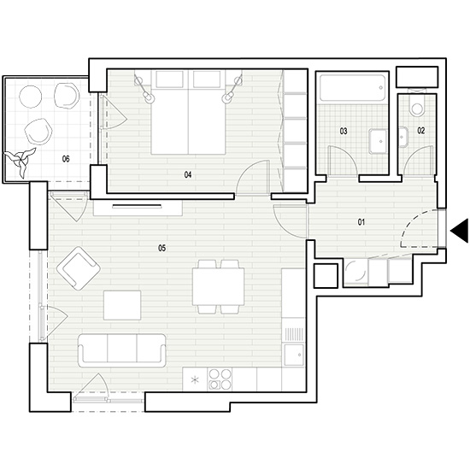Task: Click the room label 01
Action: point(361,222)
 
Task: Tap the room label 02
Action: point(421,131)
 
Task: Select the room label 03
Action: point(344,131)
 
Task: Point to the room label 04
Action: point(188,174)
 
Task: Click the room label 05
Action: point(162,248)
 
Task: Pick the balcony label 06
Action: point(66,159)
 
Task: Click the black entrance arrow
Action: point(460,231)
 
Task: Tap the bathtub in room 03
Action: point(352,87)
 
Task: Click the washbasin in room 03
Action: point(378,142)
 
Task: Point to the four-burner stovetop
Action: point(220,379)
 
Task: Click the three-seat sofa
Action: point(121,350)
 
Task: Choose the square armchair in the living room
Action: point(79,268)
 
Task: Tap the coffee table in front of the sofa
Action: point(122,305)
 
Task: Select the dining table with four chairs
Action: point(219,287)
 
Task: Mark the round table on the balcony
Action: point(30,97)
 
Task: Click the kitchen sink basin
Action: point(294,355)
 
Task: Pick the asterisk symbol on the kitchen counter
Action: point(195,380)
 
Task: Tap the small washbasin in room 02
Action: point(403,137)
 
